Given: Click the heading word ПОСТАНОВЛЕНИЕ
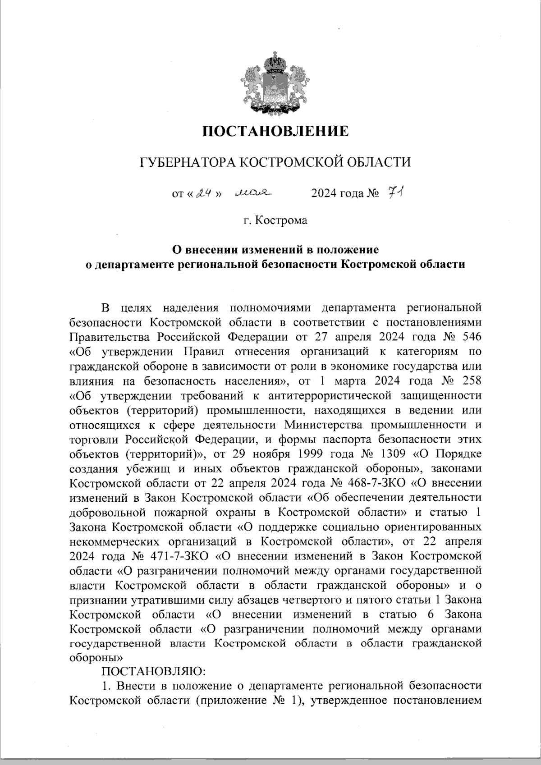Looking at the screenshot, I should point(275,131).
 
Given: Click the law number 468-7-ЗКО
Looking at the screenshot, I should point(377,482).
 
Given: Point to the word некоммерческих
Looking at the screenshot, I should point(112,541).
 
